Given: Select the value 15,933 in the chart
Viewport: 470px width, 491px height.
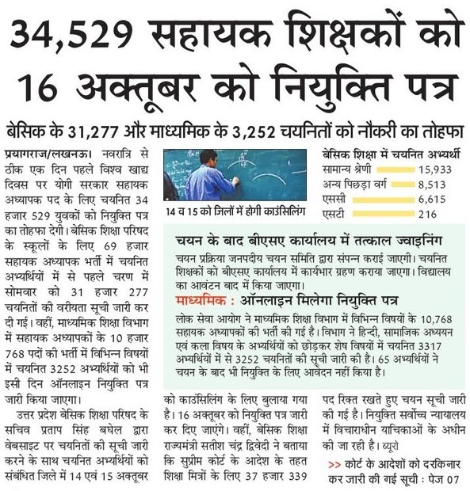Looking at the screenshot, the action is click(438, 169).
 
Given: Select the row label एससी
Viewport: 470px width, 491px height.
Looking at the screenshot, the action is click(336, 200).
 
